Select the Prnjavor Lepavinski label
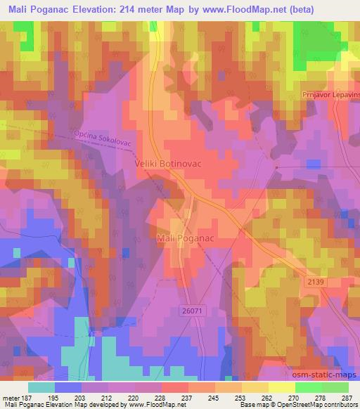click(330, 92)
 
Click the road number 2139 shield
click(316, 281)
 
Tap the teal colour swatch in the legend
click(41, 387)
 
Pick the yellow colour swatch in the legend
click(281, 387)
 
